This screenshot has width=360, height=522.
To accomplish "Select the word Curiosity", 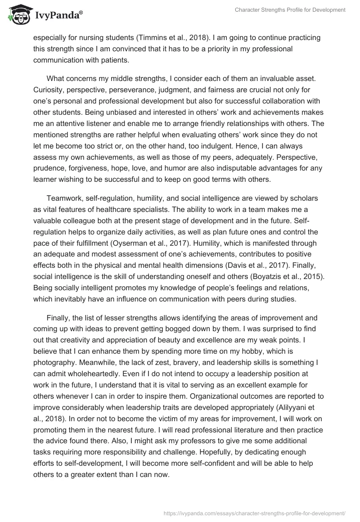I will click(x=49, y=90).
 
